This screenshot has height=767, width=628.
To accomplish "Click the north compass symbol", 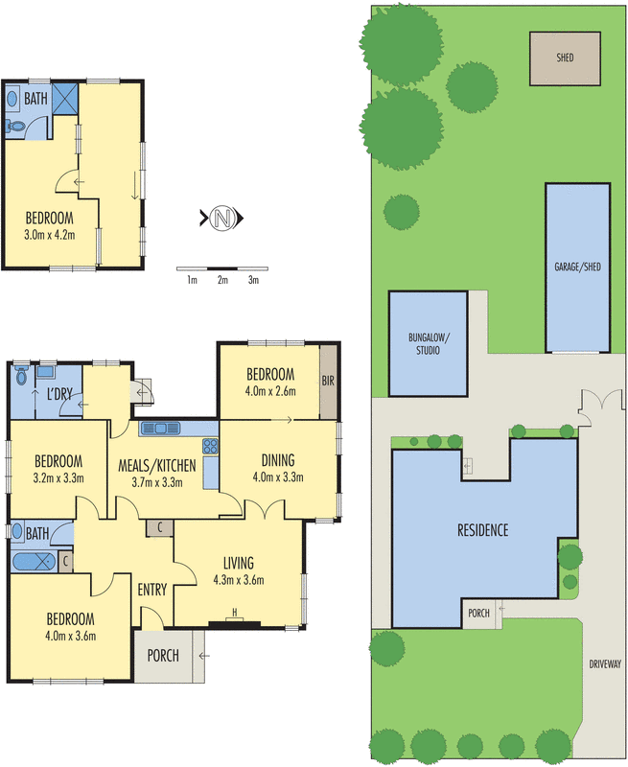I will tap(222, 218).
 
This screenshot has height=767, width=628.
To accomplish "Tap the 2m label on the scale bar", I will tap(222, 280).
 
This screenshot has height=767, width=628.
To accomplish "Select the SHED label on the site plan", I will tap(565, 58).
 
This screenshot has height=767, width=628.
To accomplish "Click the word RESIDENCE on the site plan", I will tap(481, 530).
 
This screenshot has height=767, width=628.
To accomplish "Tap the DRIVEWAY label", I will tap(605, 662).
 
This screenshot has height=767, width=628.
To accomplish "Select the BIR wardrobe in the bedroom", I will tap(329, 381).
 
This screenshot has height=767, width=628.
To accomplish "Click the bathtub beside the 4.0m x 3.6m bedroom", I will tap(34, 561).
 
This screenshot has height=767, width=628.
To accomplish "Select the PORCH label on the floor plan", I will tap(160, 657).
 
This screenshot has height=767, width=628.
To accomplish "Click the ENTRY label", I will tap(152, 589).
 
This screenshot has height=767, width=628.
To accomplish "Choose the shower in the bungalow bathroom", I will tap(64, 98).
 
